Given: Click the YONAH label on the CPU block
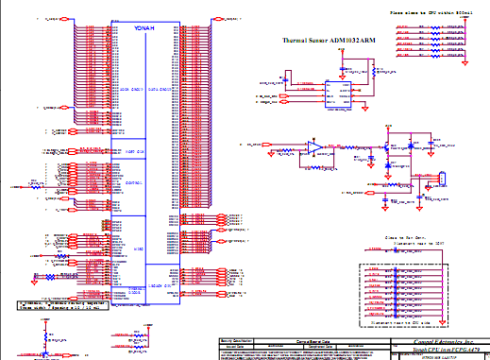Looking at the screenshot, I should coord(144,28).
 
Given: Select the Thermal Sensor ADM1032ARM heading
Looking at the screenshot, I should coord(329,42).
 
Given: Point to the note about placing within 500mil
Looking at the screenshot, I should coord(430,11).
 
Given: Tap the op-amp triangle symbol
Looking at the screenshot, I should coord(313,146).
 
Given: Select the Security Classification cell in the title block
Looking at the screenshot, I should coord(236,338).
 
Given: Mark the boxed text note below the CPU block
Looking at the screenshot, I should coord(62,305).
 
